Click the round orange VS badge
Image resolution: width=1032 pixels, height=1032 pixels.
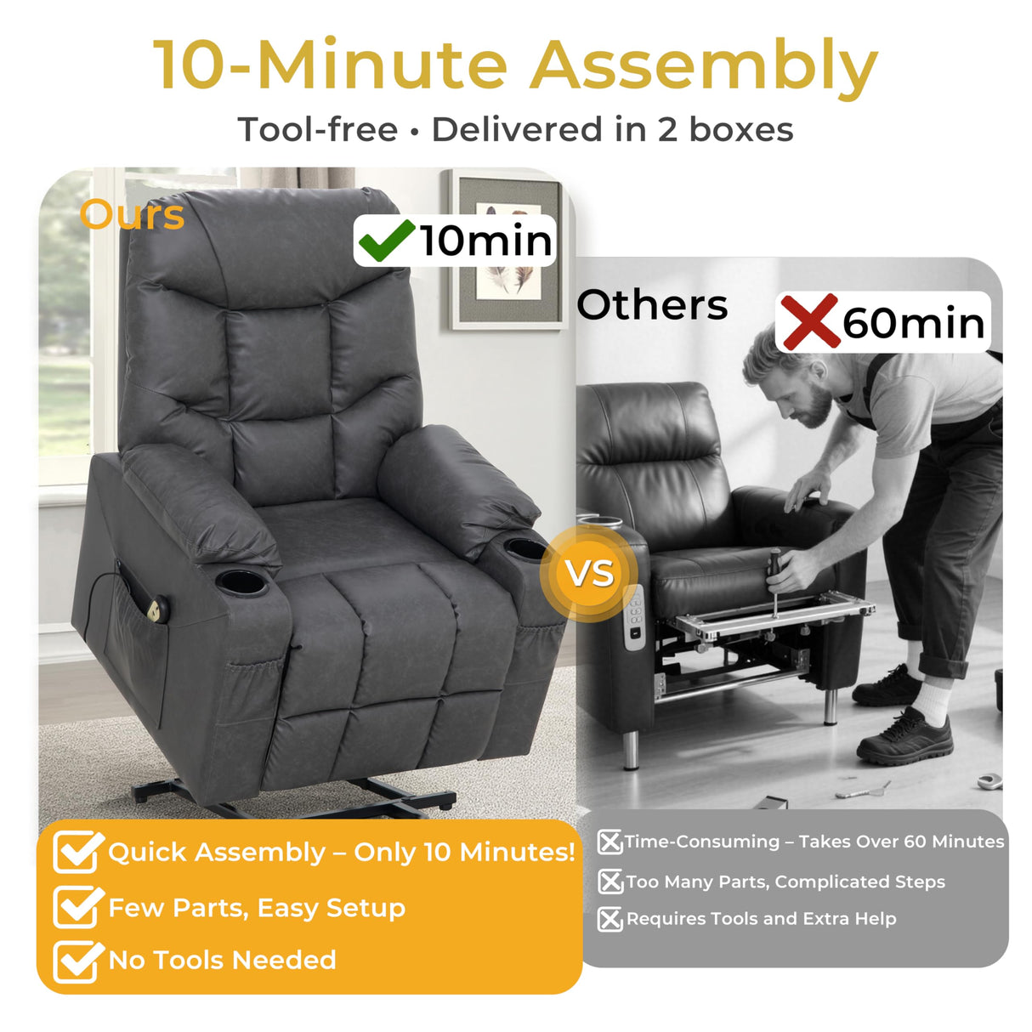click(591, 573)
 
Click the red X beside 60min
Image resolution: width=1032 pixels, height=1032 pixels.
click(808, 321)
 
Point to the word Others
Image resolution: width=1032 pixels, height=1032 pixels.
click(652, 305)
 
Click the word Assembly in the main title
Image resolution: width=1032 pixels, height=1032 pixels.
click(703, 66)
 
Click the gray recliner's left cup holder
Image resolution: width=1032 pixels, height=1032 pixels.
click(241, 582)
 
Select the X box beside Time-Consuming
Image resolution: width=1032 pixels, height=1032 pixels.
click(610, 842)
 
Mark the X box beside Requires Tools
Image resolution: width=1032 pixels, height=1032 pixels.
click(610, 919)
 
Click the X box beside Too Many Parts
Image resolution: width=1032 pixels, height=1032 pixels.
click(610, 882)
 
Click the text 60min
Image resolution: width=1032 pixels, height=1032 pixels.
click(913, 324)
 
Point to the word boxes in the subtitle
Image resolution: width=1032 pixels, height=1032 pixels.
click(740, 130)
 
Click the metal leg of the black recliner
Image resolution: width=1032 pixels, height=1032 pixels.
click(630, 747)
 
